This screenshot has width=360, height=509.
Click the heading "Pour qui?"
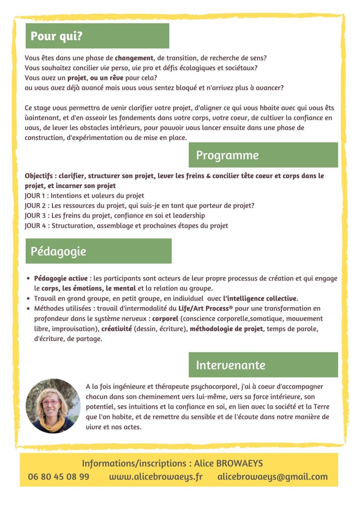click(57, 36)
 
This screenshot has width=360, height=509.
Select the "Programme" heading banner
click(227, 155)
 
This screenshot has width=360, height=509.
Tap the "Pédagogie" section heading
click(58, 251)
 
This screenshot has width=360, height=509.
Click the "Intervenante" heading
click(231, 365)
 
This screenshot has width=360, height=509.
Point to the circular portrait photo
click(53, 406)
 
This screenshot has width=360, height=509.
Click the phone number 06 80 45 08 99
click(59, 476)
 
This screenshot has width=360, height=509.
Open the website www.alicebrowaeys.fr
click(156, 476)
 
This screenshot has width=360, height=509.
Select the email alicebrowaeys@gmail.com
click(273, 476)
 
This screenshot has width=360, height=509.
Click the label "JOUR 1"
click(36, 195)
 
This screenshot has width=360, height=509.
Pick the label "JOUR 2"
click(36, 205)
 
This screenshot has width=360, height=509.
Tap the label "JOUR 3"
click(36, 216)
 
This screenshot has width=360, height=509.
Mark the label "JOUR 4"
click(36, 225)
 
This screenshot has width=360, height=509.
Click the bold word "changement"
click(134, 58)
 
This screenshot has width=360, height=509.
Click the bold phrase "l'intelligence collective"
click(260, 298)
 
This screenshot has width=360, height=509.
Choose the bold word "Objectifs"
click(40, 176)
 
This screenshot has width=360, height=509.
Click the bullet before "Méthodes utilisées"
click(28, 308)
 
